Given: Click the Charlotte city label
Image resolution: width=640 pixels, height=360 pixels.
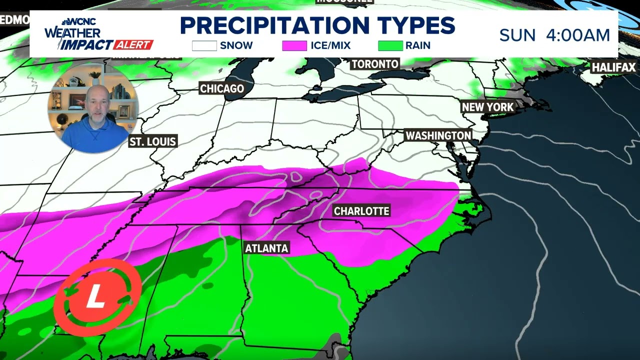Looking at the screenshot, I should point(361,211).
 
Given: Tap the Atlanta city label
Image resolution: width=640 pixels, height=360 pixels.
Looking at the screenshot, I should point(266,248).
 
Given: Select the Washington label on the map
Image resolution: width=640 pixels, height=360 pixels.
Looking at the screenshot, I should point(438,135).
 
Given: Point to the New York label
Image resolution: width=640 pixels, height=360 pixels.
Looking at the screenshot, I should point(487,107).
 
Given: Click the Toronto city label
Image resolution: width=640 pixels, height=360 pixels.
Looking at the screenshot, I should point(375,64).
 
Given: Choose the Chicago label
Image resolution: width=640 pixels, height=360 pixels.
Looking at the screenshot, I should point(222,88).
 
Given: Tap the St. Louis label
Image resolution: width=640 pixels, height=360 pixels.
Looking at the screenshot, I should point(153,141).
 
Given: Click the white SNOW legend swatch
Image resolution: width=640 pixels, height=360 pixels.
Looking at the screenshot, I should point(204,45).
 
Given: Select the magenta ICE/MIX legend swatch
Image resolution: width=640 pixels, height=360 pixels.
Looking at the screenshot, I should point(294,45).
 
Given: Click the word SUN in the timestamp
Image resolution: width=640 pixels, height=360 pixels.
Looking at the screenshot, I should point(517,35).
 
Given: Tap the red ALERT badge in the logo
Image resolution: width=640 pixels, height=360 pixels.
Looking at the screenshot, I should point(132,45).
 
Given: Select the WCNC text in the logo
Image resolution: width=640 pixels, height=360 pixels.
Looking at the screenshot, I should point(83,22).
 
